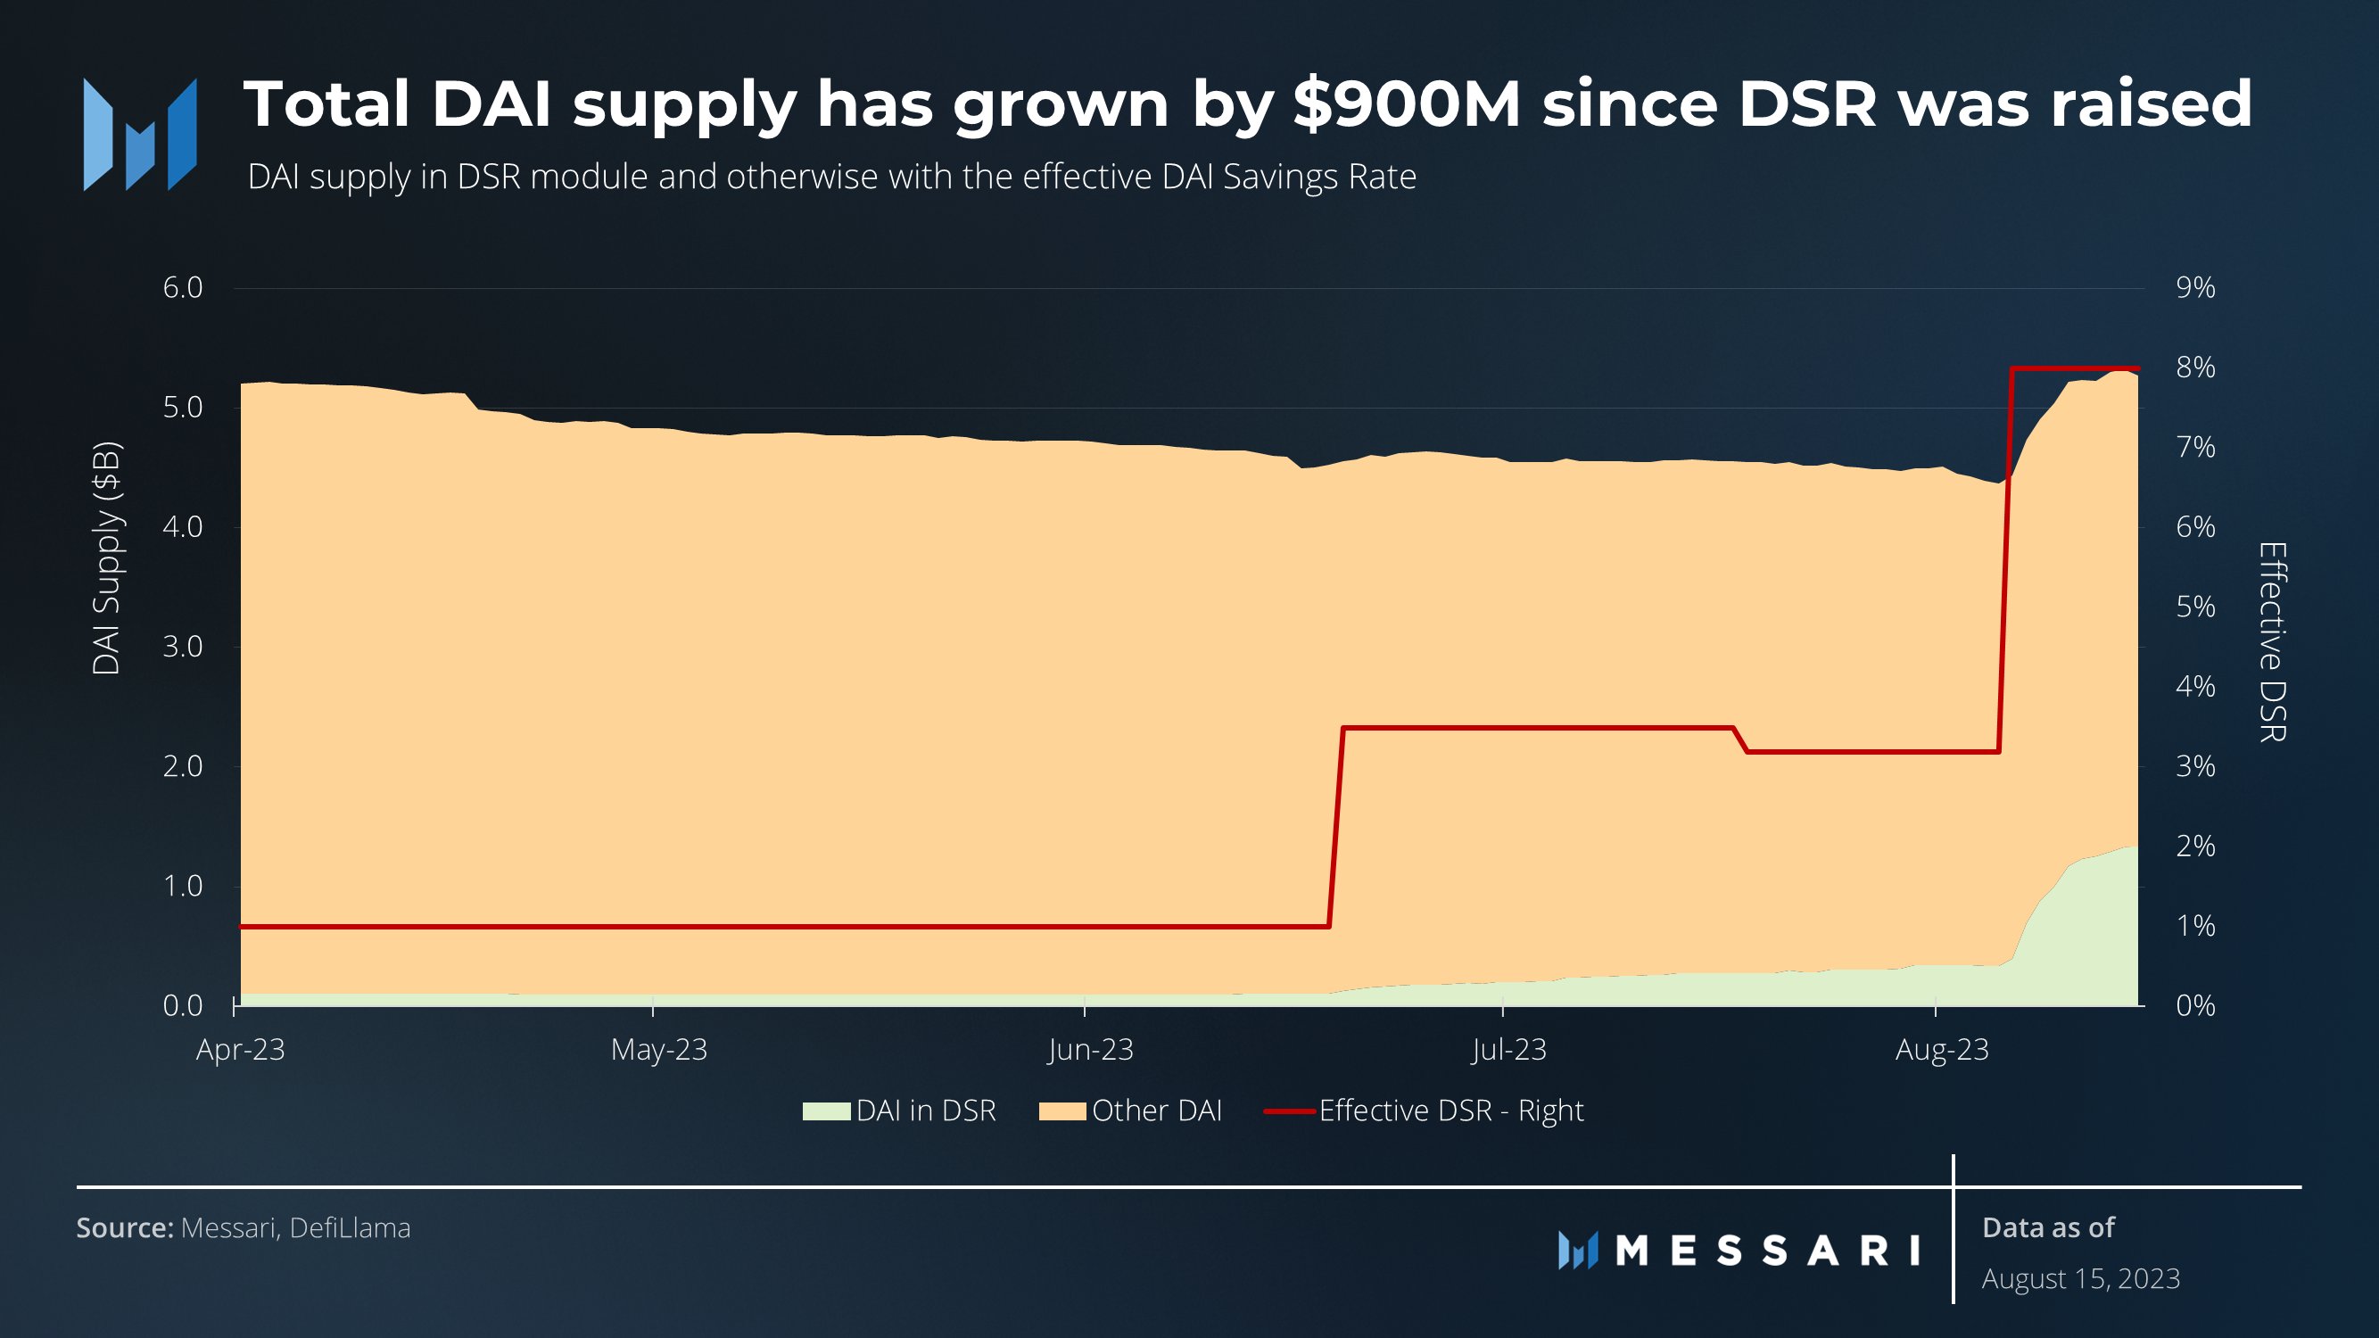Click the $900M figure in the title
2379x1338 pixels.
(x=1406, y=103)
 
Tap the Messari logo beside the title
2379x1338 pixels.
(x=139, y=135)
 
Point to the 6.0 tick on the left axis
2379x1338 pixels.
(x=182, y=288)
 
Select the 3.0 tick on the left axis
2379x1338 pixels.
(x=182, y=647)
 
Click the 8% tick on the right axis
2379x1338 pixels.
(x=2194, y=368)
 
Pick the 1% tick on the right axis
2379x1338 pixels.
(x=2194, y=926)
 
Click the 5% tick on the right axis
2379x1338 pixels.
(x=2194, y=607)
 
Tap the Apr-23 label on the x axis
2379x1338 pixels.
(x=240, y=1050)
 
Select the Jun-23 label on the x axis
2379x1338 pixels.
(x=1090, y=1050)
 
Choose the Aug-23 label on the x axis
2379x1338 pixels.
(x=1941, y=1050)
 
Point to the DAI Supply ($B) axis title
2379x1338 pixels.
(x=106, y=558)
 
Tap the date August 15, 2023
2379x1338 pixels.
(x=2080, y=1279)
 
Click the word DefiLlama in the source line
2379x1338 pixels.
(x=349, y=1228)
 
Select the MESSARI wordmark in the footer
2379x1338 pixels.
(x=1766, y=1251)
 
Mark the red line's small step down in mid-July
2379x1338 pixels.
(x=1741, y=740)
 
